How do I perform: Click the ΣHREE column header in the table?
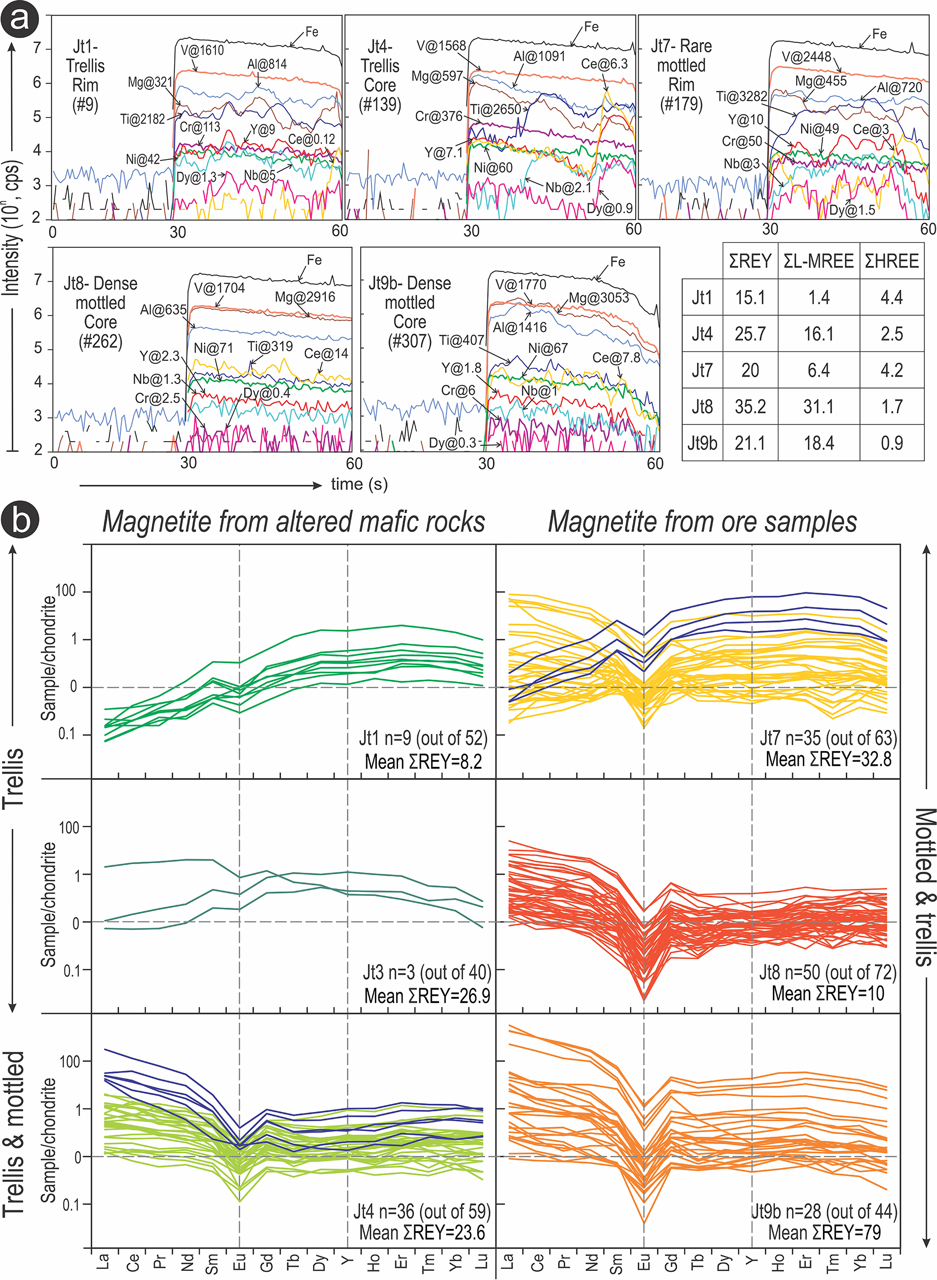coord(891,261)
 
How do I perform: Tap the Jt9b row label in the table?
coord(701,443)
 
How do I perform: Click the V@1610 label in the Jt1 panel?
coord(202,51)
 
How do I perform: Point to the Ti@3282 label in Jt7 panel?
coord(741,96)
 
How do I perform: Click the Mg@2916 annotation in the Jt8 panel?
coord(304,297)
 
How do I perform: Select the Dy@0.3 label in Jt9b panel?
coord(452,443)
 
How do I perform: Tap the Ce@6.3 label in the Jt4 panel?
coord(604,63)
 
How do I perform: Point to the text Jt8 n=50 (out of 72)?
coord(828,972)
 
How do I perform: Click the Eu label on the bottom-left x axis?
coord(240,1262)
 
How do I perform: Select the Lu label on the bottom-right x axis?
coord(886,1261)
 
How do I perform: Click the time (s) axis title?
coord(359,484)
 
